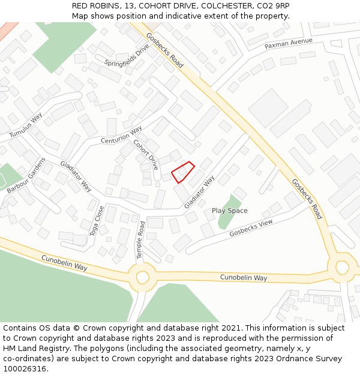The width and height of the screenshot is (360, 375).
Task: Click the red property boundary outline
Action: (x=183, y=172)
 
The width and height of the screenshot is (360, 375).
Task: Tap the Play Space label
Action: (x=229, y=211)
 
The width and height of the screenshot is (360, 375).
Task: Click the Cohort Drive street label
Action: (x=146, y=154)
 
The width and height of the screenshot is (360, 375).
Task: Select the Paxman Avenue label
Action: (x=289, y=43)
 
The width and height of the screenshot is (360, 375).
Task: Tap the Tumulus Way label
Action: (x=26, y=124)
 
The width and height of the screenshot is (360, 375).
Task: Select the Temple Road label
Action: (x=141, y=240)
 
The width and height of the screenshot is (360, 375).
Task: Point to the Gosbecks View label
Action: (x=251, y=227)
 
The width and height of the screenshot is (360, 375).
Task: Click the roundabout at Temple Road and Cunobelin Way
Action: (x=142, y=277)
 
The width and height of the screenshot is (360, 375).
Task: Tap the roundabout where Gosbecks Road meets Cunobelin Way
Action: (x=342, y=266)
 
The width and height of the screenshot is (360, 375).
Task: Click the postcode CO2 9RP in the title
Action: (x=274, y=5)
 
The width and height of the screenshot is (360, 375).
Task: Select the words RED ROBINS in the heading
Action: (x=95, y=5)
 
